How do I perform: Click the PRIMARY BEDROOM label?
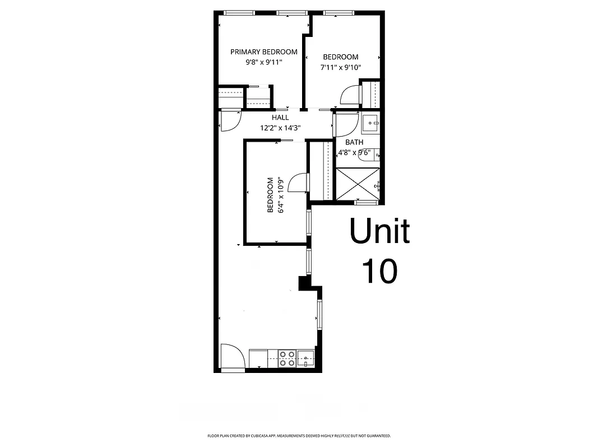pos(263,52)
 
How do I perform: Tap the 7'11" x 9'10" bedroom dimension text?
pos(340,67)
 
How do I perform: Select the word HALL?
pos(280,118)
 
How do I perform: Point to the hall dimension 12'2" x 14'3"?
pos(280,128)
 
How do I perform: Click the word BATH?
pos(354,142)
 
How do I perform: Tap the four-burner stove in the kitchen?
pos(287,358)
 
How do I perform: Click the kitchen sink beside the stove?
pos(305,358)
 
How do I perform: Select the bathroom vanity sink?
pos(370,123)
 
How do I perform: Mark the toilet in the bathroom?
pos(370,155)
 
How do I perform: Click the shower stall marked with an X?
pos(358,183)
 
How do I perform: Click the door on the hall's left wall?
pos(230,121)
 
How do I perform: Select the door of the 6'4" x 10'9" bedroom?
pos(300,183)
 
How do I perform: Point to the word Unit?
pos(379,231)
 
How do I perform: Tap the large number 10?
pos(379,271)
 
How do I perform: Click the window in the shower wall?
pos(367,201)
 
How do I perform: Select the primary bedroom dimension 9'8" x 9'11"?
pos(263,63)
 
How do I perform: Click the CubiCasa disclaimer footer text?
pos(299,436)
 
